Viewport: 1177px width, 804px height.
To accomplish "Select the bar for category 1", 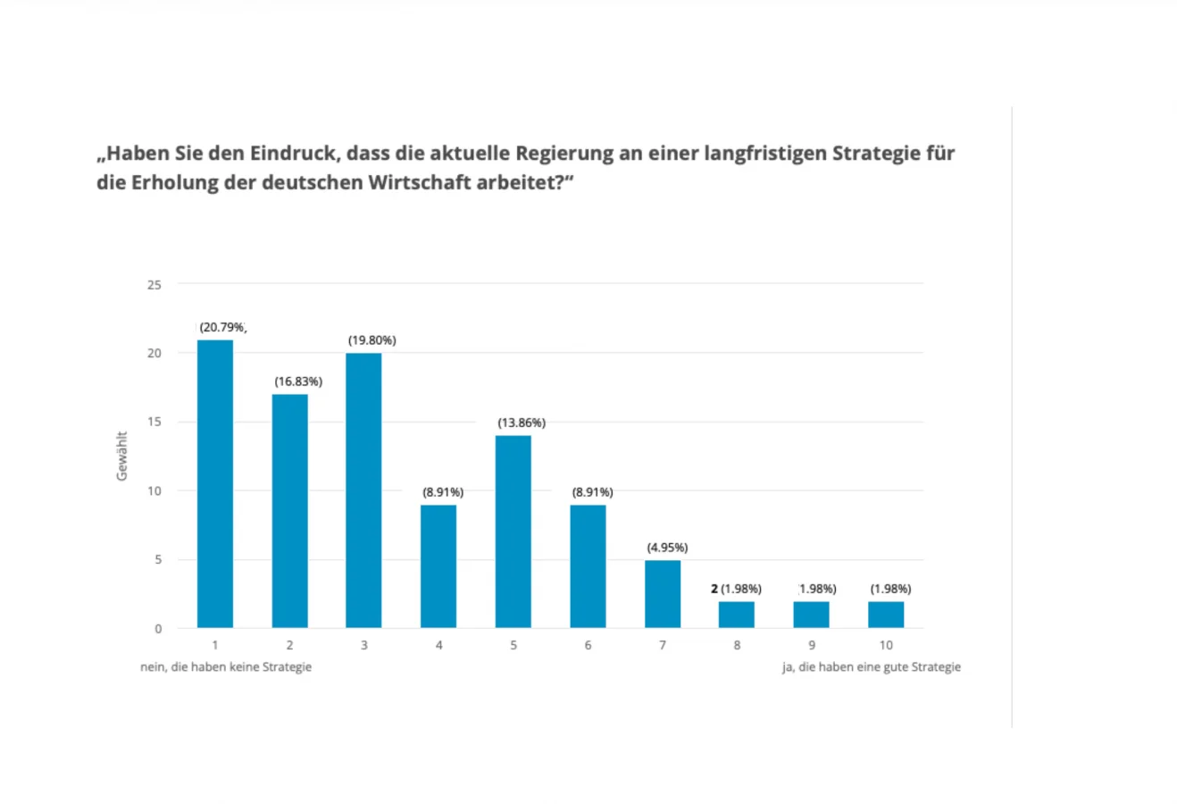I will click(215, 483).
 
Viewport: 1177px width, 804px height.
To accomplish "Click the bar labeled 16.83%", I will click(290, 511).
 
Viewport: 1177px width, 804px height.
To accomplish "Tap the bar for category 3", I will click(363, 490).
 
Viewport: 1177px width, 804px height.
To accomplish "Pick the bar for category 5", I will click(513, 532).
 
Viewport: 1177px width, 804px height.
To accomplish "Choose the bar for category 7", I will click(663, 594).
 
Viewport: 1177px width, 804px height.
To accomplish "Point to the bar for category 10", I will click(886, 615).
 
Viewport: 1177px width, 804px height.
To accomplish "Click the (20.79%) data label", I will click(222, 327).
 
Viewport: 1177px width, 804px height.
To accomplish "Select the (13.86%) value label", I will click(522, 423).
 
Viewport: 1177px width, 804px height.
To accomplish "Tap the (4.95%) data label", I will click(668, 548).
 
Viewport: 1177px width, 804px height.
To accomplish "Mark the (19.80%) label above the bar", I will click(372, 340).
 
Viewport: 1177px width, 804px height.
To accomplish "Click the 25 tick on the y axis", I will click(154, 285).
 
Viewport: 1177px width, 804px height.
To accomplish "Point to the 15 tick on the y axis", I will click(154, 422).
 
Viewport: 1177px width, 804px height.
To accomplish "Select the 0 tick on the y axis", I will click(158, 629).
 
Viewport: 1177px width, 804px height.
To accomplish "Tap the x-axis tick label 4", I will click(438, 645).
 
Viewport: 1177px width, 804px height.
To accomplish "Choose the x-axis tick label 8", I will click(737, 645).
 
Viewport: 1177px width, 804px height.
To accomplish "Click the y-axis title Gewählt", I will click(122, 456).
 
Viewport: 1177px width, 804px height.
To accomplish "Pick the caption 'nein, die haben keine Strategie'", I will click(226, 667).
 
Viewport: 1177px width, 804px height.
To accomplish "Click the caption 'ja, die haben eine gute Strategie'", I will click(872, 667).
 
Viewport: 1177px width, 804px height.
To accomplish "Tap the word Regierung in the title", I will click(565, 154).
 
